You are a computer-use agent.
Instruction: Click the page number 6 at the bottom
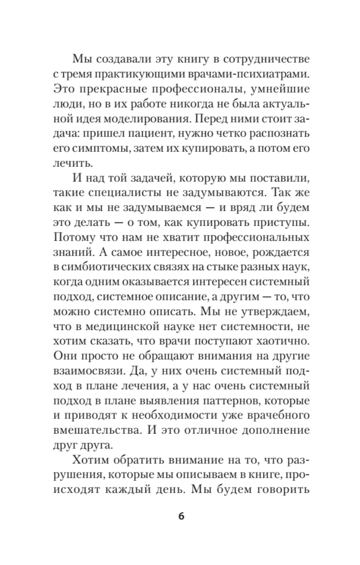(x=181, y=516)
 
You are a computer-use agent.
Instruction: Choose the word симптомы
(x=98, y=148)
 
